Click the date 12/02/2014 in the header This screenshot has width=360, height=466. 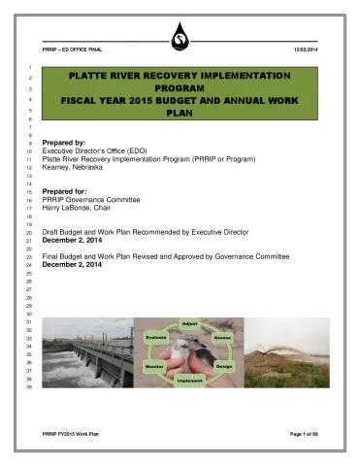305,50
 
